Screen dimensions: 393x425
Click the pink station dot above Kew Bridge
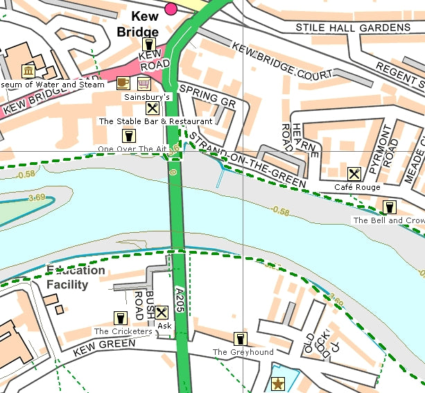[171, 8]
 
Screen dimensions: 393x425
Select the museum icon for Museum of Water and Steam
[28, 71]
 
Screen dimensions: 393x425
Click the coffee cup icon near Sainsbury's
[123, 83]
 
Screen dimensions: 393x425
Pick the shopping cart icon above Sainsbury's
[144, 83]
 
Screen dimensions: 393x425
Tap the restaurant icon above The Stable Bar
[153, 108]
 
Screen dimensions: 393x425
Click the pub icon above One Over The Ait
[128, 135]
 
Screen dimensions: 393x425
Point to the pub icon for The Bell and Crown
[389, 207]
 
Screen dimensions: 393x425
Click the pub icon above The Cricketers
[121, 318]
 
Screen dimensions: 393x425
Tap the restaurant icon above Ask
[162, 313]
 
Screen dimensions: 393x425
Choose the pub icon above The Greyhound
[241, 339]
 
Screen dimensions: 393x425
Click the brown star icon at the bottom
[279, 383]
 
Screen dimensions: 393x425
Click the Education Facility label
[76, 277]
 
